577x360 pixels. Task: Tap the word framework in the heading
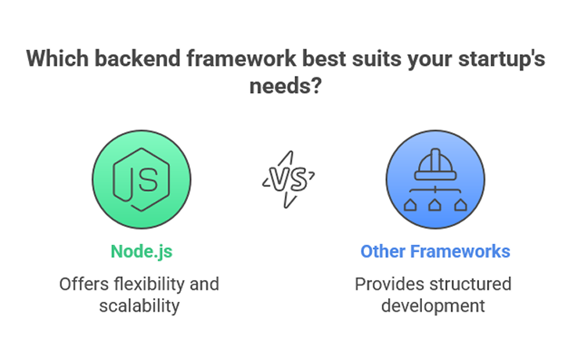point(241,59)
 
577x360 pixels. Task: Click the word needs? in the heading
point(286,86)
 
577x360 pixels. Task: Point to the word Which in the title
point(57,59)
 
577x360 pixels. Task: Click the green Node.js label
point(142,251)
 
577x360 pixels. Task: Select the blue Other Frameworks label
point(435,251)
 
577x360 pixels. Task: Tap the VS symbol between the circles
point(288,179)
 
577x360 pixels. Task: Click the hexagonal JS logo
point(141,179)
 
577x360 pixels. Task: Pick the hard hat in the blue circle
point(435,164)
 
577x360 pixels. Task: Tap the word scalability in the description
point(139,306)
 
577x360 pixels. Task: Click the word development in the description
point(433,306)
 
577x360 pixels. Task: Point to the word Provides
point(389,284)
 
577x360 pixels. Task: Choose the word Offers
point(84,284)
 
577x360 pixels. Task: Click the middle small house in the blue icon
point(435,204)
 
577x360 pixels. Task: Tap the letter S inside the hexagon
point(148,180)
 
